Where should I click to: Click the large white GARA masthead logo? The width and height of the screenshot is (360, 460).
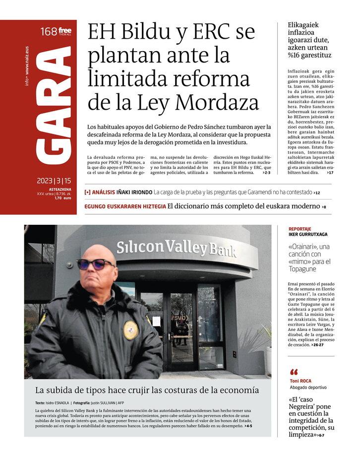pyautogui.click(x=54, y=107)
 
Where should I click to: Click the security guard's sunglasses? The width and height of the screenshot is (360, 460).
pyautogui.click(x=96, y=263)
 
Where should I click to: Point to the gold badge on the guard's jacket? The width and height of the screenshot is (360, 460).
pyautogui.click(x=130, y=330)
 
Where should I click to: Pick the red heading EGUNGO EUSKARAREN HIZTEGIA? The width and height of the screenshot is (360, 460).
pyautogui.click(x=125, y=206)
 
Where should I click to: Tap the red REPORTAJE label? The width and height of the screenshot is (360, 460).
pyautogui.click(x=300, y=229)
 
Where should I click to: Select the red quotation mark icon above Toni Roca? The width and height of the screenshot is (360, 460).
pyautogui.click(x=294, y=372)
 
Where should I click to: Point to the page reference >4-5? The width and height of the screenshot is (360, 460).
pyautogui.click(x=248, y=426)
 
